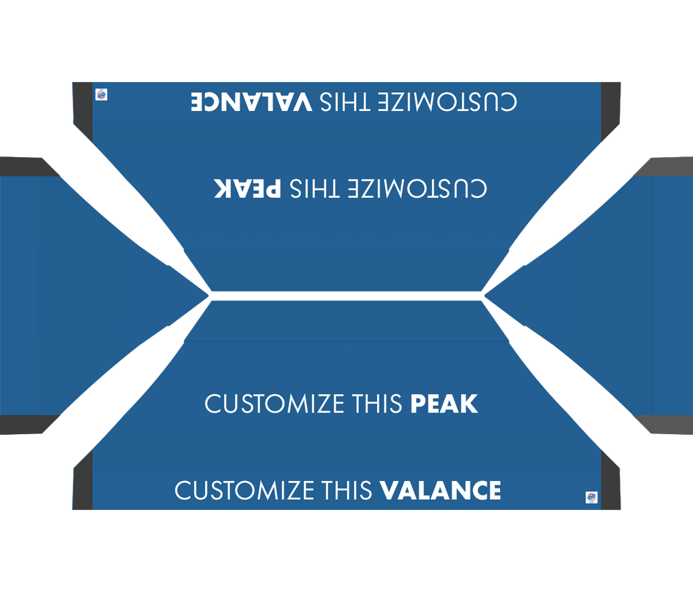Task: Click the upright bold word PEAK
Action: point(444,404)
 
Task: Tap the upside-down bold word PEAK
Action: point(248,188)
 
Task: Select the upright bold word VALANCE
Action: point(440,490)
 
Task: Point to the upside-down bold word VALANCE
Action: point(252,102)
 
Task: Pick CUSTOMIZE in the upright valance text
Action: point(245,490)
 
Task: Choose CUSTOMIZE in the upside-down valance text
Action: point(447,102)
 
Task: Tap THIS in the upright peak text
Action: point(378,404)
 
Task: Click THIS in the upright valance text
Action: point(347,490)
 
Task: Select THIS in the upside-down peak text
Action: point(315,188)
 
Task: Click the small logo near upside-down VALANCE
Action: point(102,95)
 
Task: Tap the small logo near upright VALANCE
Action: point(591,497)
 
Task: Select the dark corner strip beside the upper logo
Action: point(83,110)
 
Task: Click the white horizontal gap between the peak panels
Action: point(346,296)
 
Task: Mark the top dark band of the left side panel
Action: point(27,167)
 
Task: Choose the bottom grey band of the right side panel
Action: point(666,424)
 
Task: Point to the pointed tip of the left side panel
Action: point(208,294)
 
